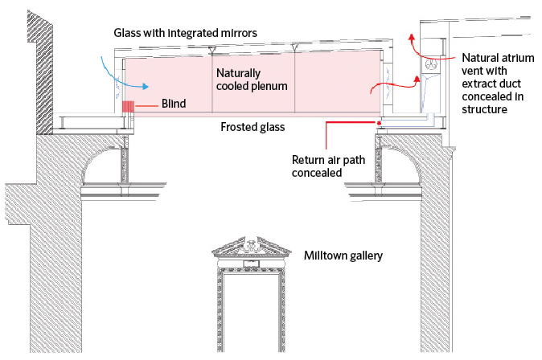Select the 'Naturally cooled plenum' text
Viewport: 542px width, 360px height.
(x=252, y=79)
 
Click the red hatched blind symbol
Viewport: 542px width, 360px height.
(x=127, y=106)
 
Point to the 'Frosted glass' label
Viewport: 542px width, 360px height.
(x=253, y=127)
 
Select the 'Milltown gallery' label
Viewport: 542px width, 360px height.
(x=344, y=256)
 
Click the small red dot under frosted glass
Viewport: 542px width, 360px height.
(x=379, y=123)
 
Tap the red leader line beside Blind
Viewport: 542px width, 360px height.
(x=145, y=105)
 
